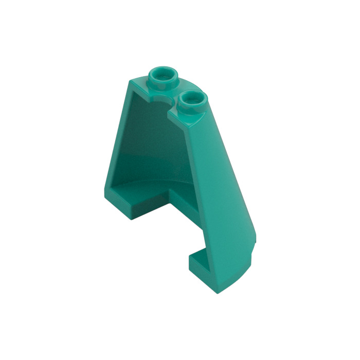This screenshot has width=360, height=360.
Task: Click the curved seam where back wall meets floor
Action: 154,183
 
